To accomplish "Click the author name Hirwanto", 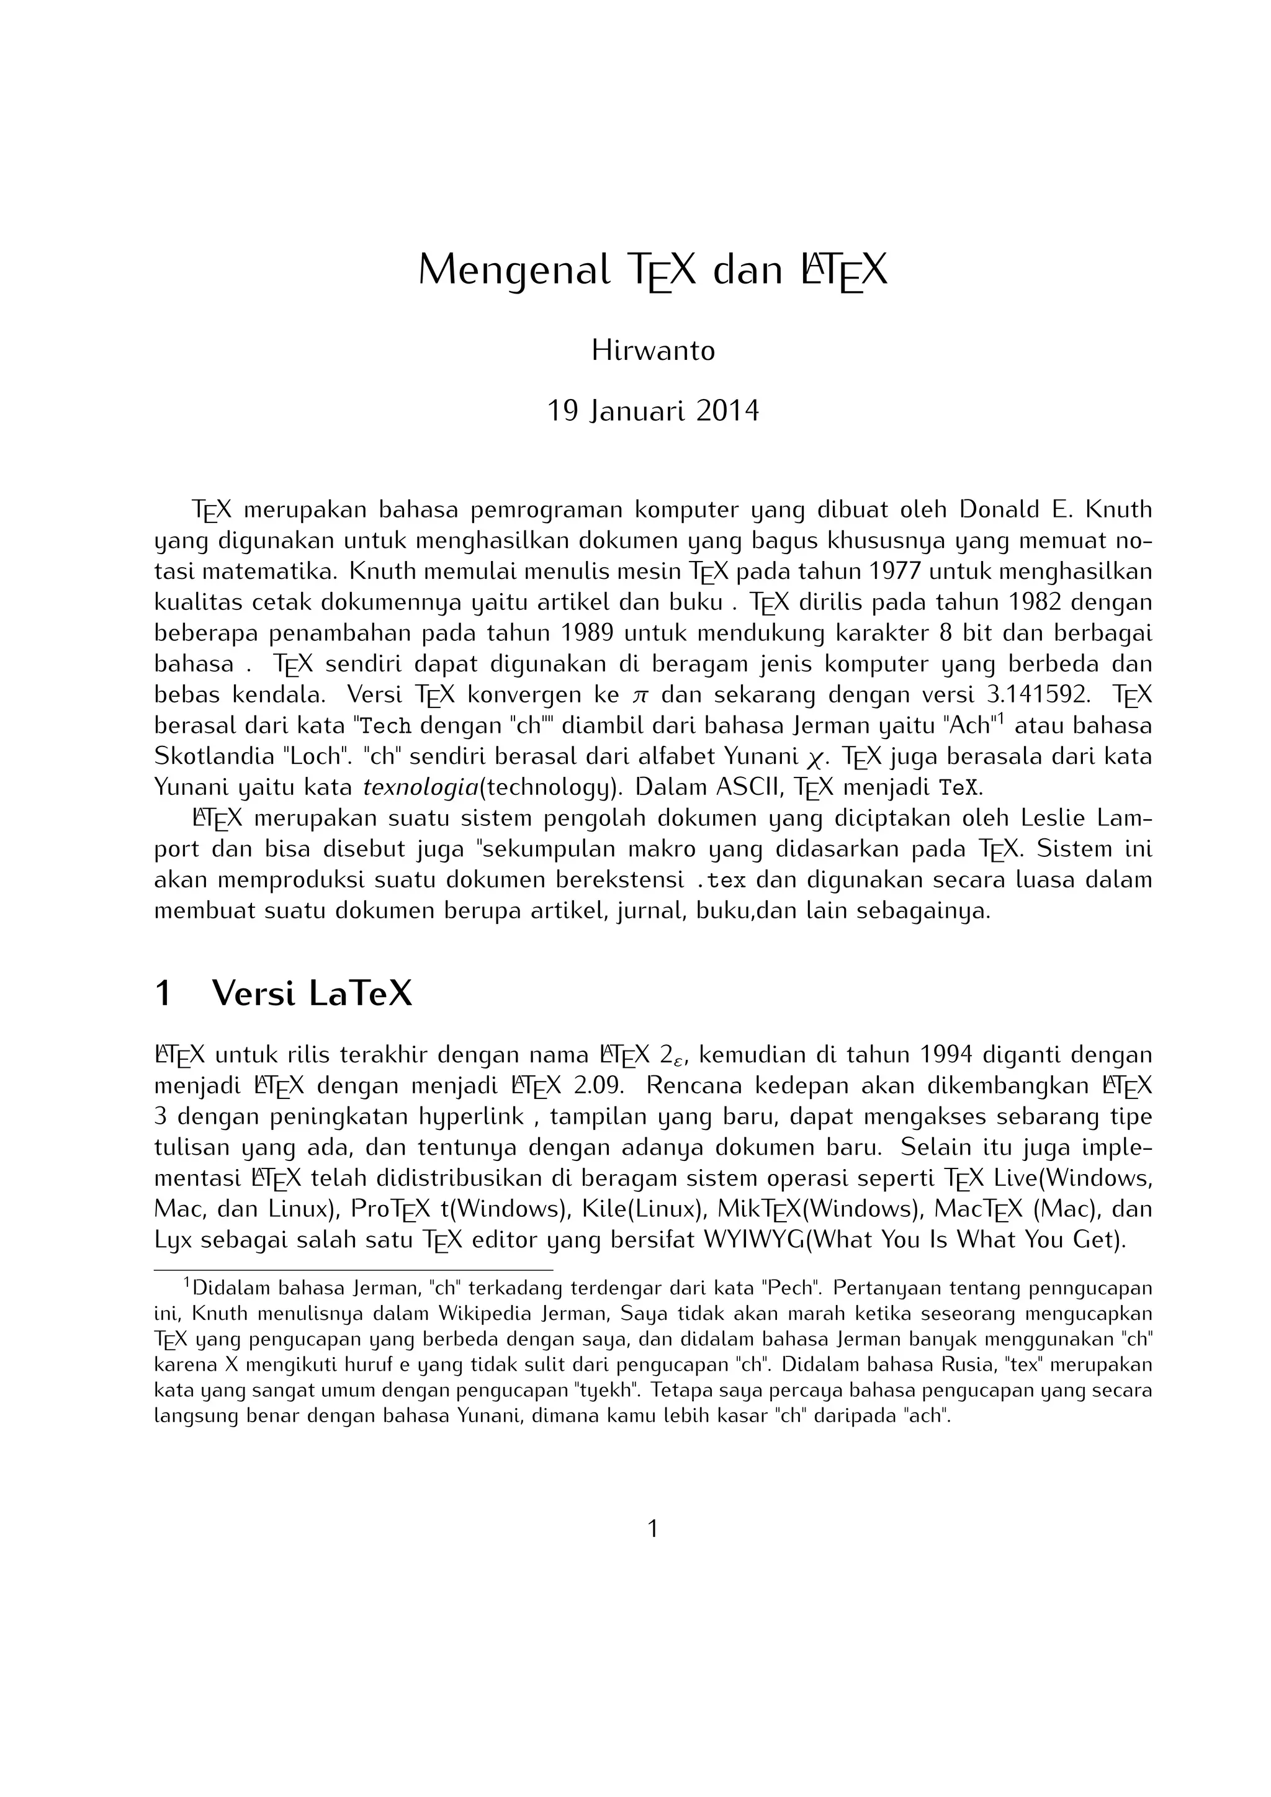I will pyautogui.click(x=653, y=350).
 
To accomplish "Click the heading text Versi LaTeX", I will pyautogui.click(x=312, y=994).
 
